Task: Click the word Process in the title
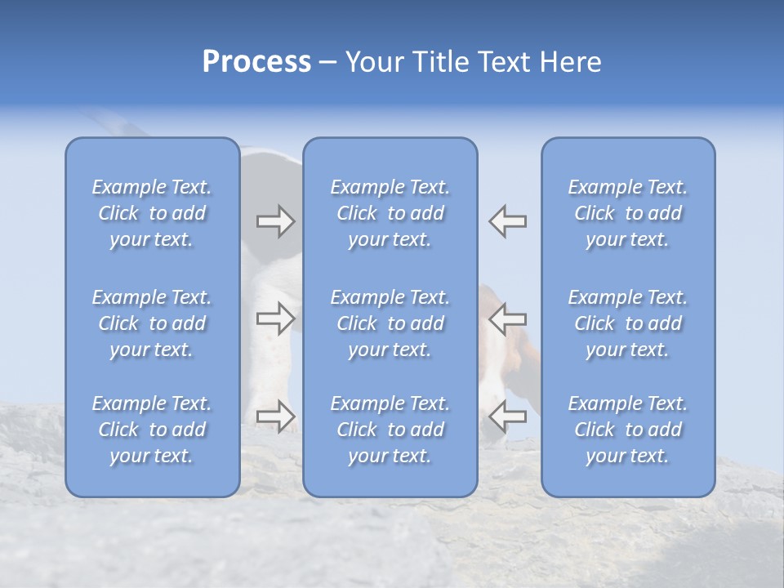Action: coord(256,62)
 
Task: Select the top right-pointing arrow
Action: coord(275,221)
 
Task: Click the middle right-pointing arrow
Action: coord(275,318)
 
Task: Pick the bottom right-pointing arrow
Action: coord(275,416)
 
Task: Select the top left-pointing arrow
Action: coord(508,221)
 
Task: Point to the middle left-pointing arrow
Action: coord(508,318)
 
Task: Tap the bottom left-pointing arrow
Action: coord(508,416)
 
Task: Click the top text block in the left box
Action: coord(152,213)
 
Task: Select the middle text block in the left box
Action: coord(152,323)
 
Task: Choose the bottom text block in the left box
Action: coord(152,430)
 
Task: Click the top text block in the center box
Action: coord(390,213)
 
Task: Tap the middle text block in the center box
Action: coord(390,323)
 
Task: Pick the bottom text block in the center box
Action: coord(390,430)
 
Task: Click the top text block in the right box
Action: coord(628,213)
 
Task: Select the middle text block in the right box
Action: coord(628,323)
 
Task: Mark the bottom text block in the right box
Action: coord(628,430)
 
